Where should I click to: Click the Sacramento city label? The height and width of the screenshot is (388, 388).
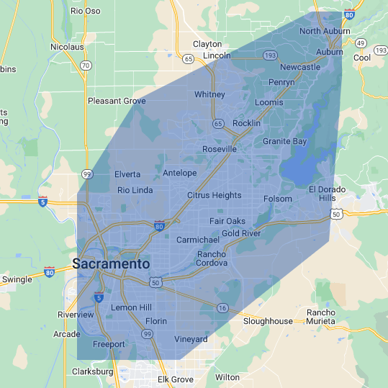tap(112, 264)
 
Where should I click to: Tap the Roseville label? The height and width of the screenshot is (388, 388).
tap(219, 149)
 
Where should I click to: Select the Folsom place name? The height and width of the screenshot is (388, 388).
tap(278, 199)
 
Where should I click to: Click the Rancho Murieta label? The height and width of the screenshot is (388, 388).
tap(321, 317)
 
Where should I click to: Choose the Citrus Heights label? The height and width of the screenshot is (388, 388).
tap(214, 195)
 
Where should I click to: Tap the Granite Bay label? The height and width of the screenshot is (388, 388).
tap(284, 142)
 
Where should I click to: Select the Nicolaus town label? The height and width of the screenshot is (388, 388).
tap(67, 47)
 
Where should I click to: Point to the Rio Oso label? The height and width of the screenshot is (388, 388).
tap(86, 11)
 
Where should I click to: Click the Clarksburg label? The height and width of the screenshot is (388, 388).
tap(93, 371)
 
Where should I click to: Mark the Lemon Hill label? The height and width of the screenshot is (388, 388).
tap(131, 307)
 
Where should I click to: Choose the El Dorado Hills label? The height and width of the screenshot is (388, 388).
tap(322, 193)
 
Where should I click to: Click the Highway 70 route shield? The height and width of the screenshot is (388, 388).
tap(86, 65)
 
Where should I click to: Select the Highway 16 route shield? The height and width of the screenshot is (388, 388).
tap(222, 308)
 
